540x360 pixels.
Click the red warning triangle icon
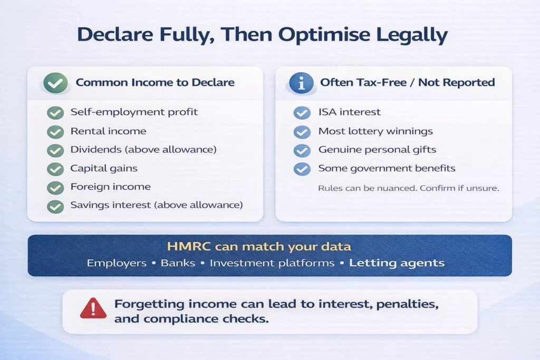[93, 308]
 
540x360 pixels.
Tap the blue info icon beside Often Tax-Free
[302, 83]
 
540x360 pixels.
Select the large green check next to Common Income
[55, 83]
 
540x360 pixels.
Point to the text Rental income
[108, 131]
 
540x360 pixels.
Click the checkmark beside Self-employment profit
[55, 113]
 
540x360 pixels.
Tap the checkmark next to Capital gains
[55, 169]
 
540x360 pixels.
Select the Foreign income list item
[110, 187]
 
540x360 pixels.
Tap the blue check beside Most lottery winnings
[302, 132]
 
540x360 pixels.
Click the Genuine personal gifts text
[377, 150]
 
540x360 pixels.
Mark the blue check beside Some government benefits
[302, 169]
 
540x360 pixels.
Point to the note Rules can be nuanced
[408, 188]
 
